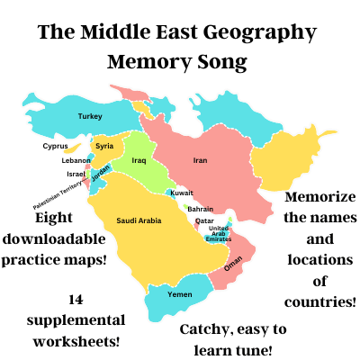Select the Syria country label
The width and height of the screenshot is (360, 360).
(x=104, y=146)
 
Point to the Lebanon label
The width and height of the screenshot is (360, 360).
(x=76, y=160)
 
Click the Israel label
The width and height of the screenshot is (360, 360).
(x=76, y=173)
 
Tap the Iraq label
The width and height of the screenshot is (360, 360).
(x=139, y=161)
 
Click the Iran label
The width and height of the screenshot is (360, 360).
(x=200, y=161)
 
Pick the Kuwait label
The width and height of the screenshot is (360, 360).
(x=182, y=193)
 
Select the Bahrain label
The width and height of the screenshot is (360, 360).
(x=200, y=209)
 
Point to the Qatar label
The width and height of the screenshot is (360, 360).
(x=204, y=220)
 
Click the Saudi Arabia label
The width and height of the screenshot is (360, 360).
(x=138, y=220)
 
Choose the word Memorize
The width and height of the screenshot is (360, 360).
(x=319, y=196)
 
